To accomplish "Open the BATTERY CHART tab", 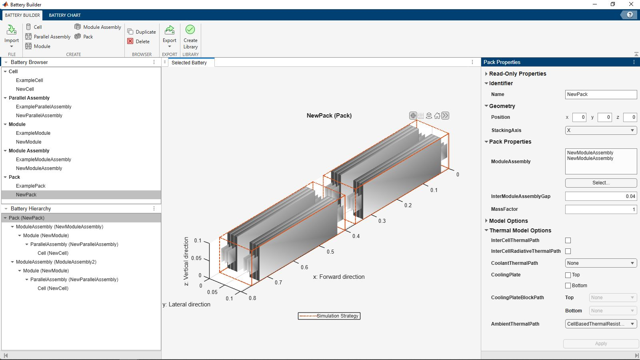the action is pos(64,15).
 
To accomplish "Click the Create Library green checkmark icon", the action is pos(190,30).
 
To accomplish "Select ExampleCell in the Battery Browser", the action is pos(30,80).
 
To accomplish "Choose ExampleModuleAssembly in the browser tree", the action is pos(44,160).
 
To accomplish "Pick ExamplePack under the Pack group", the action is pos(30,186).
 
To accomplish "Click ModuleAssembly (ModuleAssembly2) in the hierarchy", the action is pos(56,262).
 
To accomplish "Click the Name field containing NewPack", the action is pos(601,94).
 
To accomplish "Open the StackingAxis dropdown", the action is pos(601,130).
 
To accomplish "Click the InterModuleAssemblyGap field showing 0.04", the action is pos(601,196).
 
